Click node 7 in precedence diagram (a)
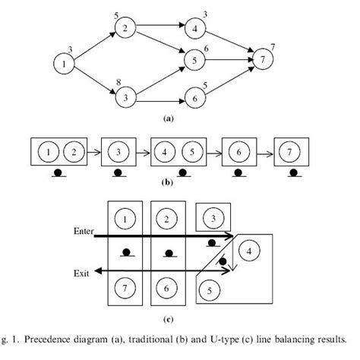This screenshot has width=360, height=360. point(261,58)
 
